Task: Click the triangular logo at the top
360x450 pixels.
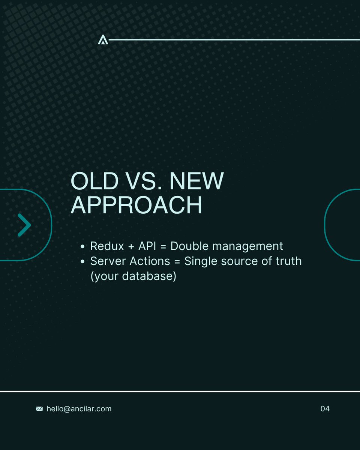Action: coord(103,40)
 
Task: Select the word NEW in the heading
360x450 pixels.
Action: coord(196,181)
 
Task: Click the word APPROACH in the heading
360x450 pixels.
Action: coord(136,205)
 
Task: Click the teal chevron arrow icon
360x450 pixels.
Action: coord(24,225)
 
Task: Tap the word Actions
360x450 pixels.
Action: coord(148,261)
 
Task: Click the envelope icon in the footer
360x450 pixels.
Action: coord(39,409)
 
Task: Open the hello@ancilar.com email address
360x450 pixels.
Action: coord(79,409)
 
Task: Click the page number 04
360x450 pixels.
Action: coord(325,409)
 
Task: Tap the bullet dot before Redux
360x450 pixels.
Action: coord(82,247)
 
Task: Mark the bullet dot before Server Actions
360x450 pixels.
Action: coord(82,262)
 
